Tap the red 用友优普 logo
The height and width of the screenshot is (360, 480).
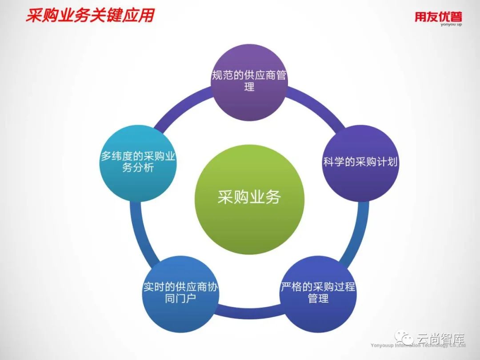(438, 16)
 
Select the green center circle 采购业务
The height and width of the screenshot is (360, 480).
(250, 197)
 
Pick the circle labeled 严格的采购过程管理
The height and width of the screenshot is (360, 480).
(318, 292)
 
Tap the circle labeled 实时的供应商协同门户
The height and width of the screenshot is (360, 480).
(180, 292)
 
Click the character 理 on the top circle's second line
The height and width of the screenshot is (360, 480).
(249, 87)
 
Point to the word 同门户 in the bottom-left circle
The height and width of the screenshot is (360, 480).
(180, 298)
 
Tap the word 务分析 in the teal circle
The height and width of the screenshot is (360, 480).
(138, 168)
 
